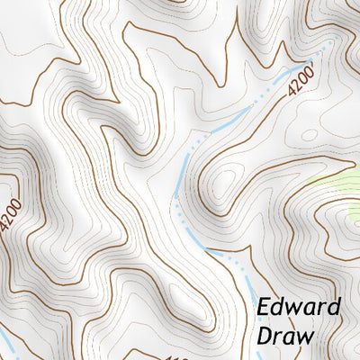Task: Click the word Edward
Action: (x=299, y=308)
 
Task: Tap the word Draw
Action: (x=284, y=337)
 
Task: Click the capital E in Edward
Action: (x=264, y=308)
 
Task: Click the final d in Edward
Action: (x=334, y=307)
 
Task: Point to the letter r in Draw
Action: (x=279, y=338)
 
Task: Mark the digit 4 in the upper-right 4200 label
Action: (x=292, y=91)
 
